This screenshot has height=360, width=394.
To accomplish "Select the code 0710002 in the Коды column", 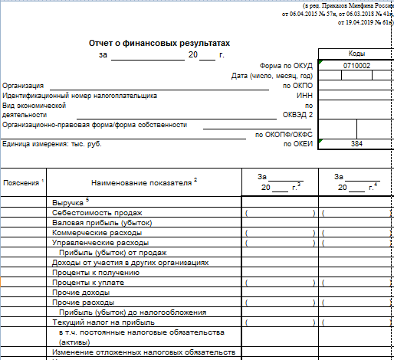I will [x=356, y=66].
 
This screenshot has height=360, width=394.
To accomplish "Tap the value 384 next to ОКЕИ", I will [x=356, y=143].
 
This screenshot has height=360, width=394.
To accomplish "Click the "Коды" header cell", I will [x=356, y=54].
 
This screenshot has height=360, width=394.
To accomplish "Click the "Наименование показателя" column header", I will [x=143, y=182].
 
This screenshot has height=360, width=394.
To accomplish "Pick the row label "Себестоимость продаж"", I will [x=97, y=211].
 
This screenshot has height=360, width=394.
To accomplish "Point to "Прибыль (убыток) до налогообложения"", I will [x=132, y=312].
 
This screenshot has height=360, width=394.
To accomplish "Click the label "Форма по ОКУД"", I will [x=287, y=66].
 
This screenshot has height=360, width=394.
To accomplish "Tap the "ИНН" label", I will [x=304, y=96].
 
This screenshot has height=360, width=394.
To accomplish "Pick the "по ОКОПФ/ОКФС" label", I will [x=284, y=134].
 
